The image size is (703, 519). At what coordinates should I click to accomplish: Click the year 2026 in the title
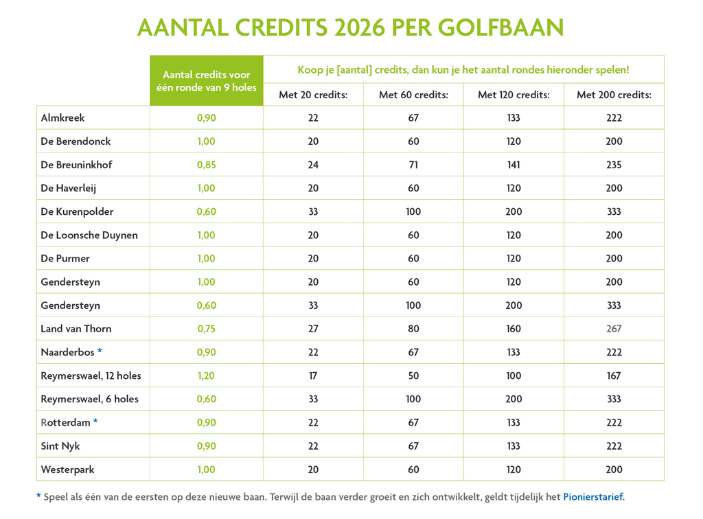(x=360, y=27)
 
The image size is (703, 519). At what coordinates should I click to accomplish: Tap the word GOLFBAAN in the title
(x=500, y=27)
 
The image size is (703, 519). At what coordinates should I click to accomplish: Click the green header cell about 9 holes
(x=206, y=81)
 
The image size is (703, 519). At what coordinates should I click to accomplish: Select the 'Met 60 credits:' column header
(x=413, y=95)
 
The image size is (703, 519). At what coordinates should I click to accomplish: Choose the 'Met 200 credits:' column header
(x=614, y=95)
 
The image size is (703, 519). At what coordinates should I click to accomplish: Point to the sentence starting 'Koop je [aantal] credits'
(x=463, y=70)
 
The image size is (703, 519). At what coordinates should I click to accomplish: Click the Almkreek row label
(x=62, y=118)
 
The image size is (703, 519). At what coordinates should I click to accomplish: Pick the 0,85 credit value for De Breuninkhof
(x=206, y=165)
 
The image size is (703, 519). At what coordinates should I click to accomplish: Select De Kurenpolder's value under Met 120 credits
(x=514, y=211)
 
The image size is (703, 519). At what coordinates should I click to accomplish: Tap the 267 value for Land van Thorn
(x=614, y=329)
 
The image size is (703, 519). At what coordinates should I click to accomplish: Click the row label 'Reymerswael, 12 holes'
(x=91, y=376)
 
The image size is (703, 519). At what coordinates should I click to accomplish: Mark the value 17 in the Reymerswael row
(x=313, y=376)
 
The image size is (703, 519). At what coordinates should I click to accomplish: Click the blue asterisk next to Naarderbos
(x=100, y=351)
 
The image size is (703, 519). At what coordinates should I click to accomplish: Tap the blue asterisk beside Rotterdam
(x=95, y=422)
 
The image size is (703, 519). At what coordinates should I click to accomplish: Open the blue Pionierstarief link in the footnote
(x=594, y=497)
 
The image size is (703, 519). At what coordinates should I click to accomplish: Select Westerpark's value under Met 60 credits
(x=413, y=470)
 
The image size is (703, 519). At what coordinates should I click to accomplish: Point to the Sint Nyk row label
(x=60, y=446)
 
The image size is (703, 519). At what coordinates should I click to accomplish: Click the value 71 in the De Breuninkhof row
(x=413, y=165)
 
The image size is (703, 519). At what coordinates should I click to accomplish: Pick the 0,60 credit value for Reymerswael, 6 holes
(x=206, y=400)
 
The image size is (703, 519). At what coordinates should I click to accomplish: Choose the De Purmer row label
(x=65, y=259)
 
